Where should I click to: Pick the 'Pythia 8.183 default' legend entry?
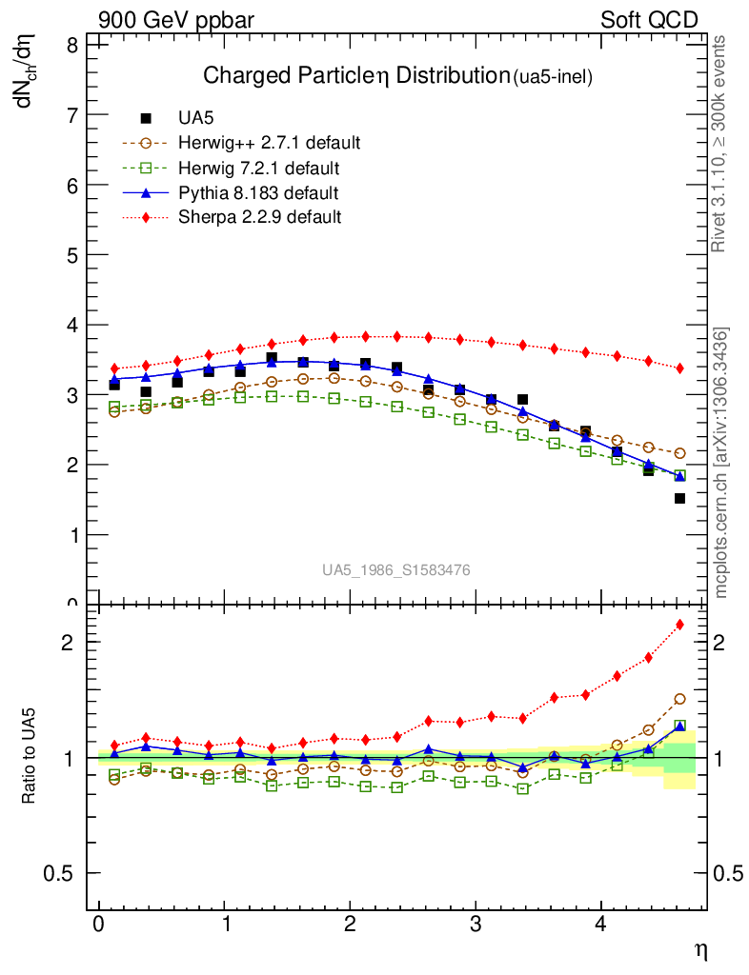point(258,192)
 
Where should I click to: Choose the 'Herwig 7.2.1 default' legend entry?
point(258,168)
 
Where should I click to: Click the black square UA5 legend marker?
point(146,118)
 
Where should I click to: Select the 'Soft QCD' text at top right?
point(649,20)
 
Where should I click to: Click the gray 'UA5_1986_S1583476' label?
point(395,570)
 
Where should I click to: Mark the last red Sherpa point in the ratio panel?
point(679,625)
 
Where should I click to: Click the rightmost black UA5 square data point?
point(679,498)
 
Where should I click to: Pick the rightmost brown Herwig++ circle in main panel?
point(679,453)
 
